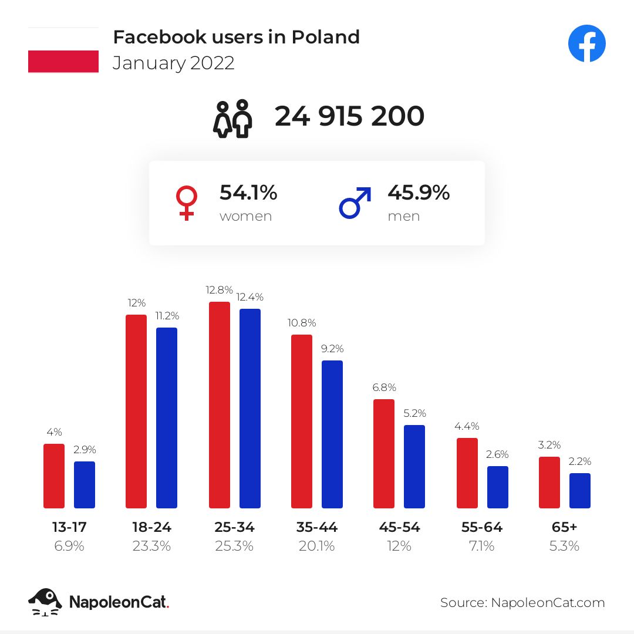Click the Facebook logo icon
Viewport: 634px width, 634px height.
[586, 44]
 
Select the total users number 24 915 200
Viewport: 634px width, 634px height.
[349, 116]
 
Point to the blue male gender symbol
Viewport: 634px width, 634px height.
[355, 203]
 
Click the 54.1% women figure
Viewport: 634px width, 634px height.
[248, 193]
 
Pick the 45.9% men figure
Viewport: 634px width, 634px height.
[419, 193]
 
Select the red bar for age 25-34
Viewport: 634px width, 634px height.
[219, 405]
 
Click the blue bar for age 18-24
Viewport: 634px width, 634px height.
[167, 418]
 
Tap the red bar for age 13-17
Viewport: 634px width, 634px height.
[54, 476]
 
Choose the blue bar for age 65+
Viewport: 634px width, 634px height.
[580, 491]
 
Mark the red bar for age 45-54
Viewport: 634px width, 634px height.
[384, 454]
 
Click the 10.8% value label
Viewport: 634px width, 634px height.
[302, 323]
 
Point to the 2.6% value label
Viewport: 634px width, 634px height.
[497, 454]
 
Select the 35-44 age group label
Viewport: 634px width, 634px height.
[317, 527]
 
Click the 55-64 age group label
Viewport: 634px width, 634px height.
[482, 527]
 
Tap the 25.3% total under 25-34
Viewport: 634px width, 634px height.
[234, 546]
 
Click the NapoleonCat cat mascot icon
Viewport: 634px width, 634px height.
[45, 602]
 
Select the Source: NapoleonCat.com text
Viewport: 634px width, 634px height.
[522, 602]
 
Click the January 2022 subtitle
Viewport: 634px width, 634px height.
[174, 63]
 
